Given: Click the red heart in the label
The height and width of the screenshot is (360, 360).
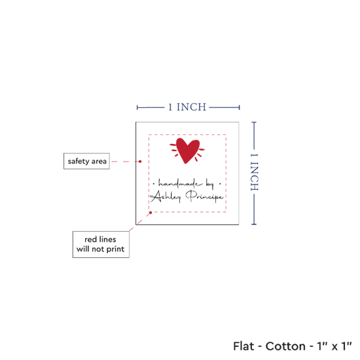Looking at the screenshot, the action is (188, 151).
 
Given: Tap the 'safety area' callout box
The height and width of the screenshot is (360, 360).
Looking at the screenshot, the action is (86, 161).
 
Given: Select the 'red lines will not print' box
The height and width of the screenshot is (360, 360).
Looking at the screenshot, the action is (101, 244).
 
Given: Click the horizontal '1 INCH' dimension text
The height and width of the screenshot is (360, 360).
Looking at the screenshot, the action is (187, 107).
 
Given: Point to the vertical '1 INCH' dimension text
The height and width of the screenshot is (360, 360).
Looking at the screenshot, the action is (254, 172).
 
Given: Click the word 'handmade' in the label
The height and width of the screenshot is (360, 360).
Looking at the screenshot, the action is (181, 184).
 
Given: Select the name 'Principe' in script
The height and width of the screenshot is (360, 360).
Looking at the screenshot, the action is (204, 196).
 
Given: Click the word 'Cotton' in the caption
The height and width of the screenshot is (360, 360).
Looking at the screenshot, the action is (285, 346).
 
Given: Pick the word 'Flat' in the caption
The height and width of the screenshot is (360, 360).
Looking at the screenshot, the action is (243, 346).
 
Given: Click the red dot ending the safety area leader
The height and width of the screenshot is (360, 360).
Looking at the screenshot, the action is (140, 162).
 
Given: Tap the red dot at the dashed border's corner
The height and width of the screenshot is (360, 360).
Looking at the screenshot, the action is (151, 213).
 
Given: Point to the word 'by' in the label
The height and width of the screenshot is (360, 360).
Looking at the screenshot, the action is (210, 185).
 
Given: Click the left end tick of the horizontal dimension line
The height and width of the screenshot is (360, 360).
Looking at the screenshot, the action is (137, 107).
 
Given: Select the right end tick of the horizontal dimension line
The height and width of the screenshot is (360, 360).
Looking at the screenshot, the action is (239, 107).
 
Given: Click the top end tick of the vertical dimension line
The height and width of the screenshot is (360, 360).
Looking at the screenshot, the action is (254, 122).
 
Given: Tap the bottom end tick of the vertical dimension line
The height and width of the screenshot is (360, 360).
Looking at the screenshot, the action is (254, 224).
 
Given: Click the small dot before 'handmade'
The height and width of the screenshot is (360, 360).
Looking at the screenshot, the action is (154, 184).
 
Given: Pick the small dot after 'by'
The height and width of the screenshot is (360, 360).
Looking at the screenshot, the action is (220, 184).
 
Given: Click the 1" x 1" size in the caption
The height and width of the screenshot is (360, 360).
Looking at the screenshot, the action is (334, 346).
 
